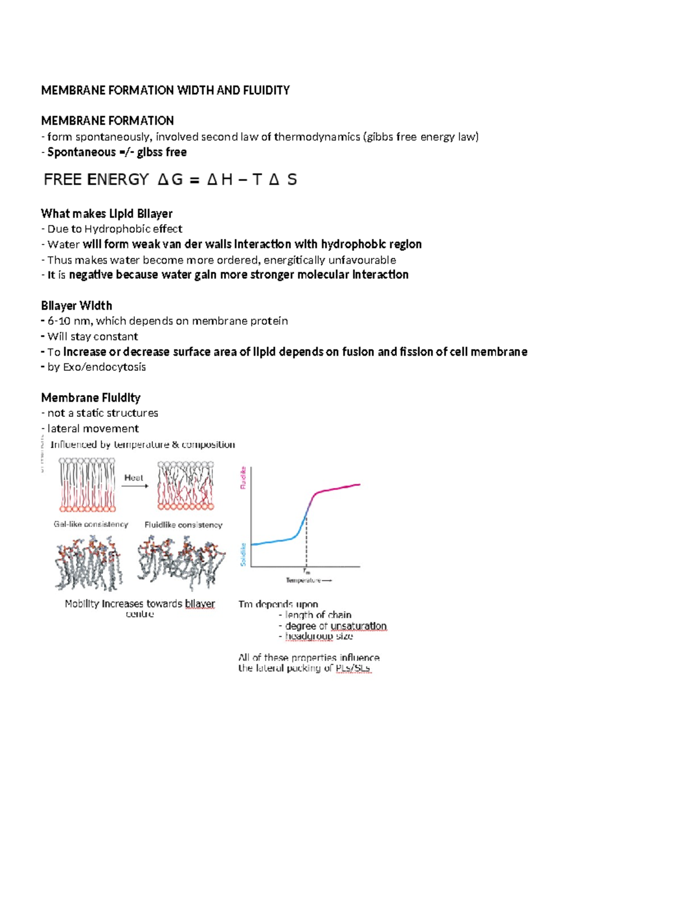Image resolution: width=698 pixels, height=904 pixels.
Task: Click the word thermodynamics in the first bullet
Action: tap(316, 137)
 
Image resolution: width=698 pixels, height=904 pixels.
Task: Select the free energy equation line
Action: tap(170, 179)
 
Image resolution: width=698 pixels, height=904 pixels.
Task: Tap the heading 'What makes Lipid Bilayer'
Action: tap(106, 214)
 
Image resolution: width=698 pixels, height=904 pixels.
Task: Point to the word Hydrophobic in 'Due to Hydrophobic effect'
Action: tap(117, 229)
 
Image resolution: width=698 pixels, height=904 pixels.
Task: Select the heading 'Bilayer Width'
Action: tap(76, 306)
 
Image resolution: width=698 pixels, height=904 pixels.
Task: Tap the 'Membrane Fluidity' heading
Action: tap(90, 398)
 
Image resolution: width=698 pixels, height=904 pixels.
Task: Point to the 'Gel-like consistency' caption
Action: tap(91, 524)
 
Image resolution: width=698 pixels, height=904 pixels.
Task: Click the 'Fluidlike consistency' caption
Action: tap(183, 524)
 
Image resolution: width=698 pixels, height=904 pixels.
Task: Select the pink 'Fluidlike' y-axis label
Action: tap(243, 478)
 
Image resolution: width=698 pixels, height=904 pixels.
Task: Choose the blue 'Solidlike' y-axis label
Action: tap(243, 554)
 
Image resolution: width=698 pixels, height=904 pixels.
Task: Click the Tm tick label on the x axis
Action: tap(307, 572)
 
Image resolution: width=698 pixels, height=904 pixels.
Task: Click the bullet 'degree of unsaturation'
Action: tap(335, 626)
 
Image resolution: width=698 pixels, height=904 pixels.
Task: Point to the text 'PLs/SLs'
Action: tap(353, 668)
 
